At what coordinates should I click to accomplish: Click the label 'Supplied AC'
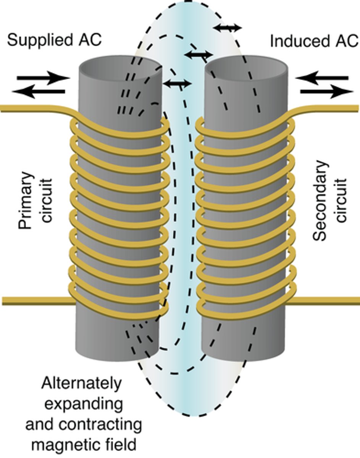[x=54, y=40]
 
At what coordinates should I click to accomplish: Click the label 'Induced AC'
[x=314, y=41]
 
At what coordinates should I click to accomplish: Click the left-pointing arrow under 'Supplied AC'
[x=38, y=92]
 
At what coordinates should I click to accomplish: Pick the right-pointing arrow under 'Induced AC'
[x=327, y=92]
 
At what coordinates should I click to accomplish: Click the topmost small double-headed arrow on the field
[x=227, y=27]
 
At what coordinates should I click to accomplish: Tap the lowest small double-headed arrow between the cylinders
[x=176, y=83]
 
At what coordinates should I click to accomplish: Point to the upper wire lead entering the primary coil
[x=31, y=109]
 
